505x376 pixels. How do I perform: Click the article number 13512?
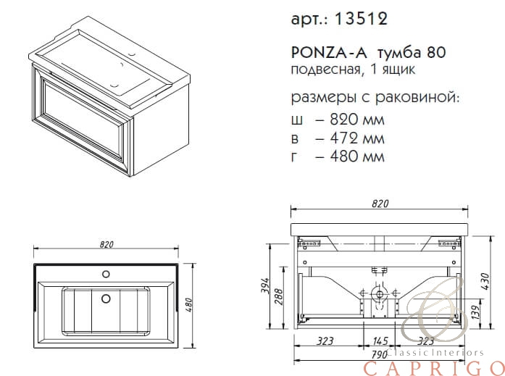(x=361, y=19)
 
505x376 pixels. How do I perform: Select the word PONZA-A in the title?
(x=329, y=53)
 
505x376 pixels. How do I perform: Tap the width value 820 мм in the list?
(x=357, y=120)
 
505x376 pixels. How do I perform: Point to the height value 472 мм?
(x=357, y=138)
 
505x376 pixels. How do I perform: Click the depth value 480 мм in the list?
(x=357, y=156)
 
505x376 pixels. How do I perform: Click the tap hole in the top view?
(x=106, y=274)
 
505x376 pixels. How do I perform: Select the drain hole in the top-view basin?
(x=106, y=298)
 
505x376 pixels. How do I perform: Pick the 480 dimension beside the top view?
(x=189, y=305)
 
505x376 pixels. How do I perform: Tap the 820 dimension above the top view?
(x=107, y=245)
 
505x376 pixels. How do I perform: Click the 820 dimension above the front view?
(x=380, y=204)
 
